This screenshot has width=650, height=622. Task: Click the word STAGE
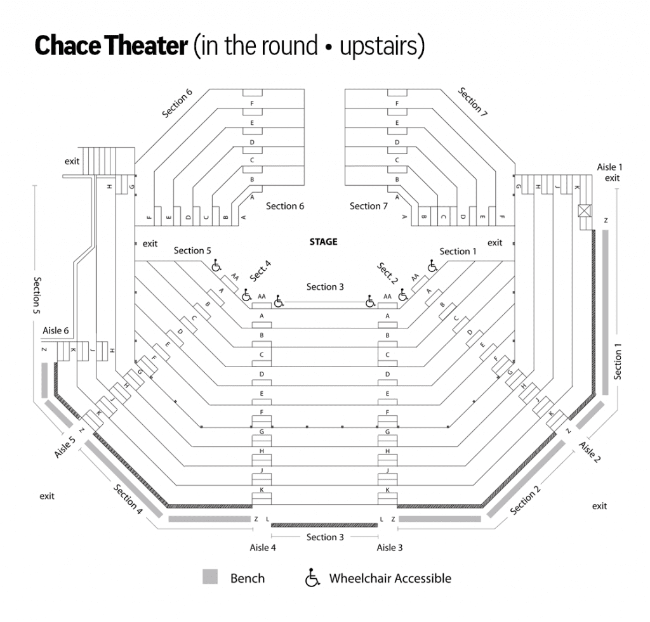[x=323, y=242]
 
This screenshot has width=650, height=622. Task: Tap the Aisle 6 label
[x=56, y=330]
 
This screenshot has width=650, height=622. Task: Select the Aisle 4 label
[x=263, y=547]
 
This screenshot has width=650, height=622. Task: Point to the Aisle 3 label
[x=390, y=547]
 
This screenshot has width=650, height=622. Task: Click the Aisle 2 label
[x=590, y=452]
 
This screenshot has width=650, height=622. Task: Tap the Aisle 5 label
[x=65, y=447]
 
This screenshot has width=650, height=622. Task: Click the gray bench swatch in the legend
[x=210, y=577]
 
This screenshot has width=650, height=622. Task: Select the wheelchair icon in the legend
[x=312, y=578]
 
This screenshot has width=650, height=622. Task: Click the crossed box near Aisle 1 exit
[x=584, y=211]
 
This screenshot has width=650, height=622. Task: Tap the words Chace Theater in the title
[x=111, y=46]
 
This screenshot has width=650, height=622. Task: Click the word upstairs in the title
[x=378, y=46]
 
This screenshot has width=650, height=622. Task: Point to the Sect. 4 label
[x=260, y=271]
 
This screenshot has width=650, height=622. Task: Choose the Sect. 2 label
[x=387, y=273]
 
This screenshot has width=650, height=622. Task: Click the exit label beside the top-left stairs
[x=72, y=161]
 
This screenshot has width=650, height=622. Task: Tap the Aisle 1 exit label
[x=609, y=172]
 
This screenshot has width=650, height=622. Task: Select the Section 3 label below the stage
[x=325, y=287]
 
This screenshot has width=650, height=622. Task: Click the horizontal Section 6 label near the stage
[x=285, y=206]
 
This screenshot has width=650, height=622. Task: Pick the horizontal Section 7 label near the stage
[x=369, y=206]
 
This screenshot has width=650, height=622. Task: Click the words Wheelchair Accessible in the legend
[x=390, y=578]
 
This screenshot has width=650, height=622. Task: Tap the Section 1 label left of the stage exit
[x=458, y=251]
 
